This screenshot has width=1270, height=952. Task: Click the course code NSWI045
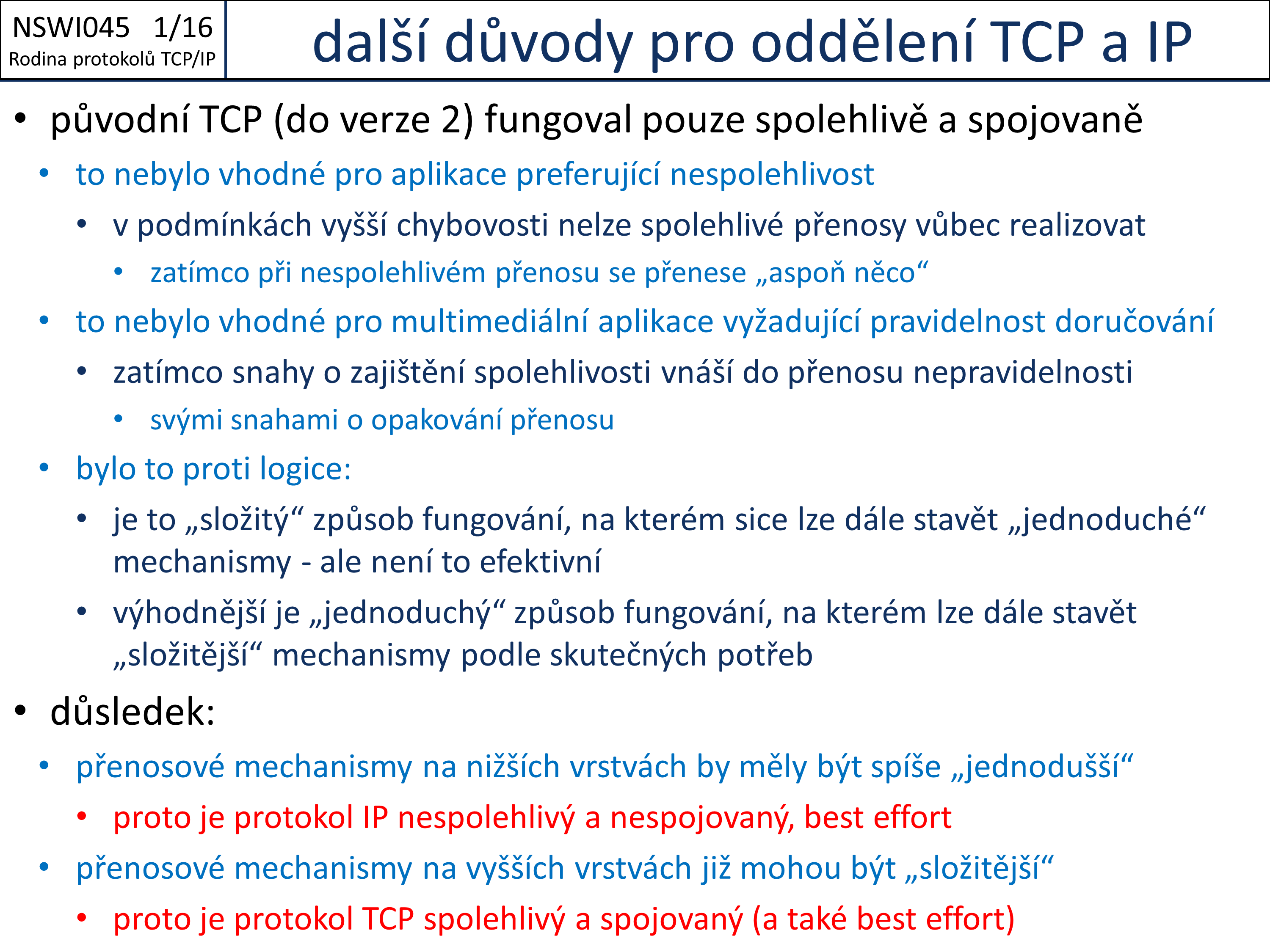coord(71,28)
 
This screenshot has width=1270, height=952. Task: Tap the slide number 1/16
coord(183,28)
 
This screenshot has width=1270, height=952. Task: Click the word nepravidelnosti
coord(1022,372)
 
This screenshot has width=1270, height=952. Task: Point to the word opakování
coord(436,421)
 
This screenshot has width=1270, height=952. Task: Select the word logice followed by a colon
coord(306,469)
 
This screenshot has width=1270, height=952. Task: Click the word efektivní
coord(540,562)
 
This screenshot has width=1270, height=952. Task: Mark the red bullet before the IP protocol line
coord(82,816)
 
